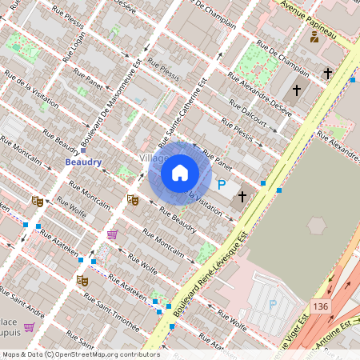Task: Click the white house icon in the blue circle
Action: [x=180, y=172]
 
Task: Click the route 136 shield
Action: [x=320, y=307]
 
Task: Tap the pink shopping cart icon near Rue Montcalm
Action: [x=113, y=234]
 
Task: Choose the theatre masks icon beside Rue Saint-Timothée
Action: [x=81, y=281]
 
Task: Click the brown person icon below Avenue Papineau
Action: [x=314, y=36]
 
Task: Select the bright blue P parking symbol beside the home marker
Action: [x=222, y=185]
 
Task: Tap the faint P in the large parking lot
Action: [x=272, y=304]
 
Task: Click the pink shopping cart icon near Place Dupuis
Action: [x=29, y=326]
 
